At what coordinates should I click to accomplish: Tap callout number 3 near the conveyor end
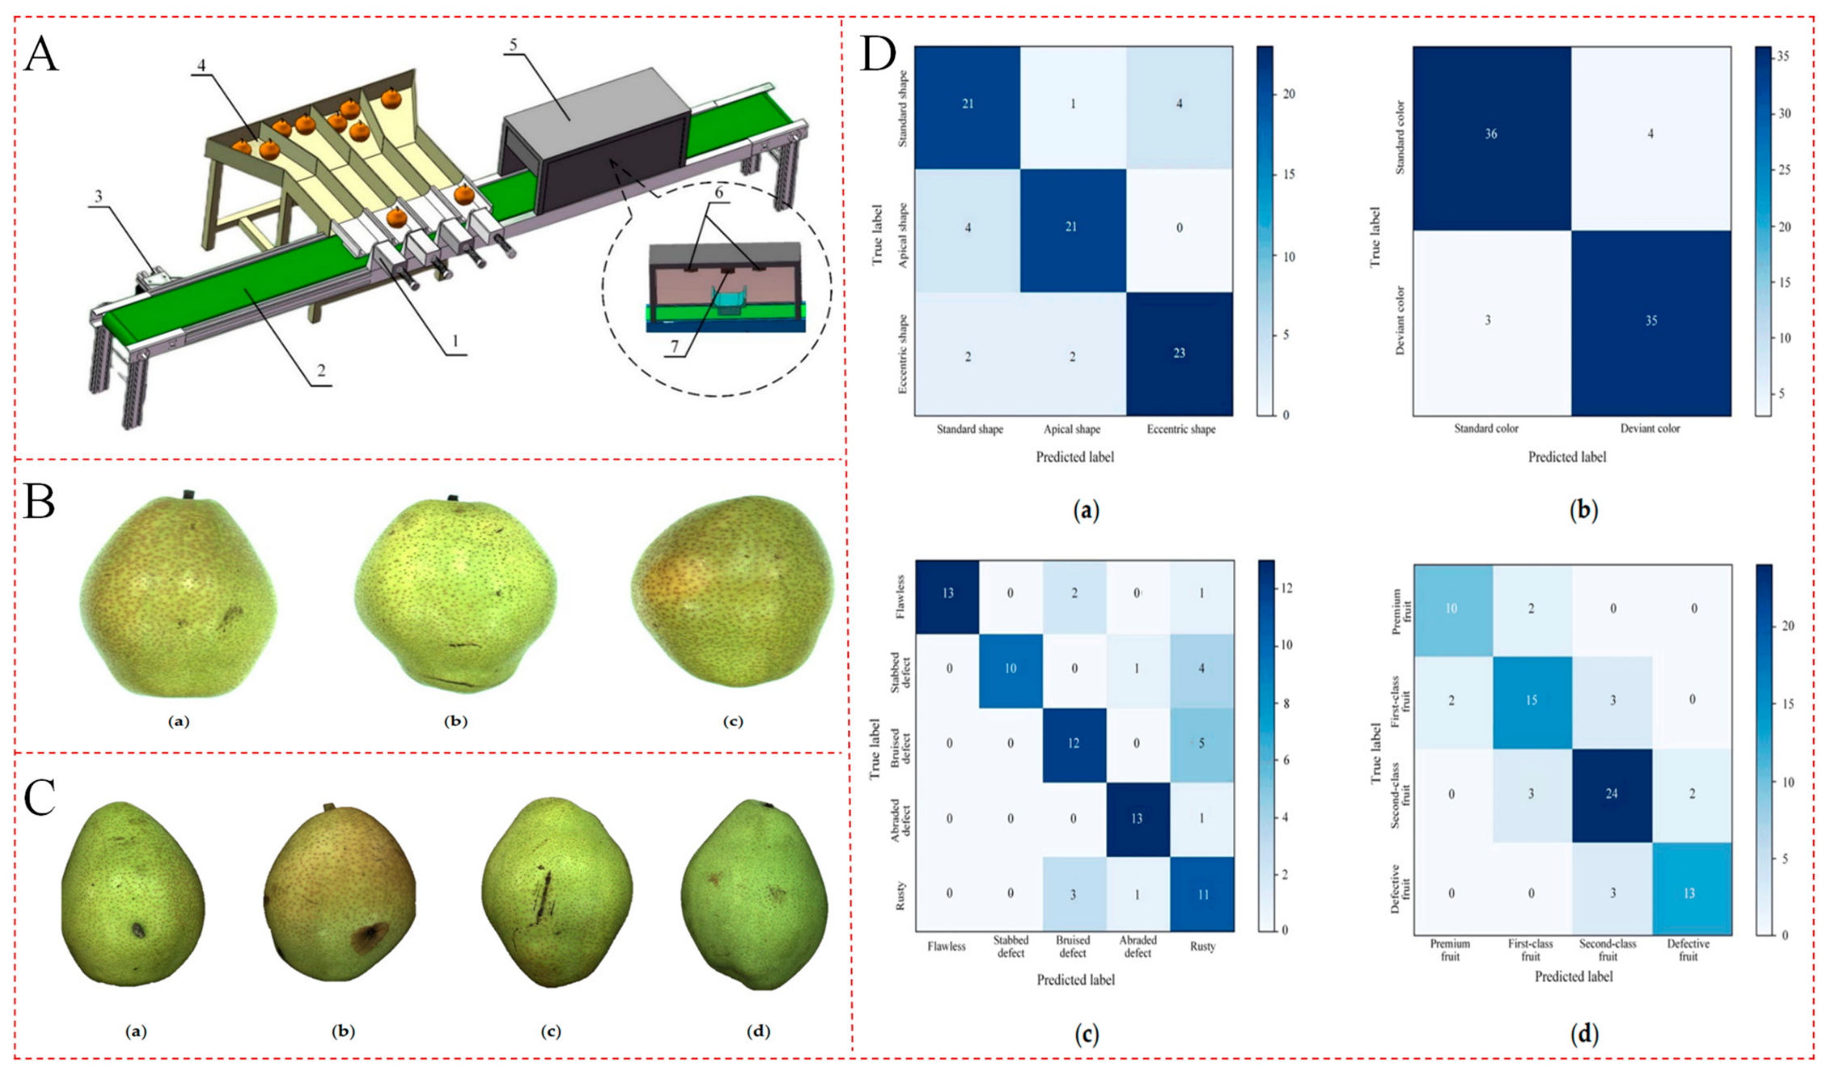(99, 196)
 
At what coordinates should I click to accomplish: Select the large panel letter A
(41, 56)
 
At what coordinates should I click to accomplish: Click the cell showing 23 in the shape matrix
(1180, 354)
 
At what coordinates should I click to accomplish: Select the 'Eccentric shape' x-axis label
(1180, 429)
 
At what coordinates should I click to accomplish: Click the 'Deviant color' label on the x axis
(1649, 428)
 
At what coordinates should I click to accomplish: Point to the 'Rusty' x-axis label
(1202, 947)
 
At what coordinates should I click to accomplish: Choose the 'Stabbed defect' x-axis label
(1011, 947)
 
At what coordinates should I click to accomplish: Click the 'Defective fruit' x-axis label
(1688, 950)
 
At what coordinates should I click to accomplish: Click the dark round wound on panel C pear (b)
(369, 937)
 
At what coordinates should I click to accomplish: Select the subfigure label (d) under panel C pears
(758, 1032)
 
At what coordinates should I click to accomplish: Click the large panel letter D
(878, 56)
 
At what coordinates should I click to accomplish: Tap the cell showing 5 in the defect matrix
(1202, 744)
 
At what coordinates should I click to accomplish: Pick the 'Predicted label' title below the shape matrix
(1074, 458)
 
